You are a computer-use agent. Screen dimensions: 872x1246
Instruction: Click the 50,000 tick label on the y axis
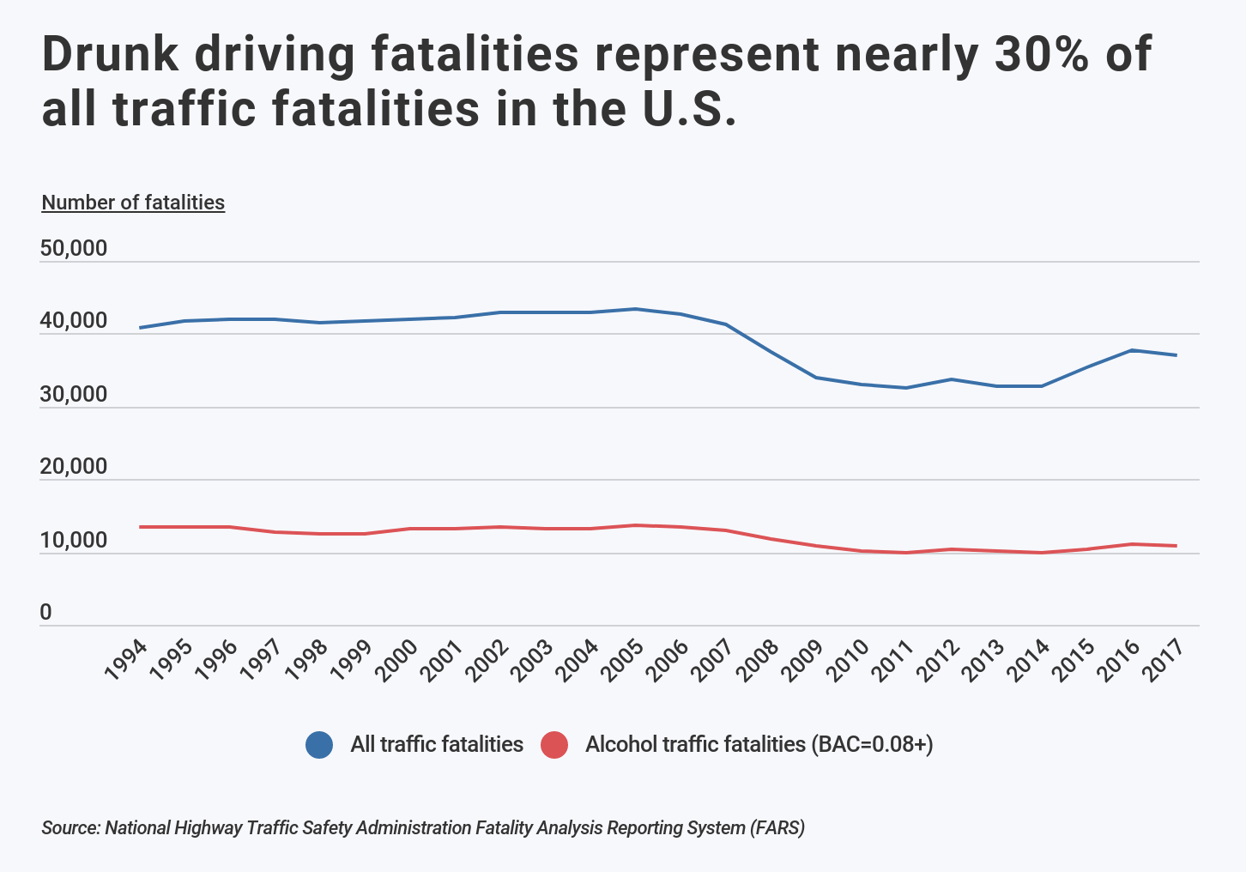(x=74, y=249)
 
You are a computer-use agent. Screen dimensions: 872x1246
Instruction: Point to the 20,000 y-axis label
(x=74, y=467)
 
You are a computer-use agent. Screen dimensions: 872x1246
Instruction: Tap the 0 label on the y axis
(x=45, y=613)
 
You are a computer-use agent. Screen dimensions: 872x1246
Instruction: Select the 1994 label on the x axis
(x=126, y=661)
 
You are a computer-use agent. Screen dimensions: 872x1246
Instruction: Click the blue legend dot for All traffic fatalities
(x=319, y=745)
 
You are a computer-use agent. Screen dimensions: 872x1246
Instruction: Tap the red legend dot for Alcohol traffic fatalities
(x=554, y=745)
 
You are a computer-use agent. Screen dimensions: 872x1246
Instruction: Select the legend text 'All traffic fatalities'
(x=436, y=744)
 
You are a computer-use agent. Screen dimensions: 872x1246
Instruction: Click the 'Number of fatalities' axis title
(x=133, y=203)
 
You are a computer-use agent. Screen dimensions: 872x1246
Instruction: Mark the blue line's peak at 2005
(x=634, y=309)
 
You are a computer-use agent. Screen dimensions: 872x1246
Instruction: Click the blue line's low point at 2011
(x=905, y=388)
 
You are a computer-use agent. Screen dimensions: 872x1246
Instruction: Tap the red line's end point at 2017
(x=1176, y=546)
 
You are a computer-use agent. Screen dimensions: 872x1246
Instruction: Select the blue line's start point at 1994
(x=139, y=328)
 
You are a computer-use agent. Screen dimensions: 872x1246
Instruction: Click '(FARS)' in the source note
(x=777, y=828)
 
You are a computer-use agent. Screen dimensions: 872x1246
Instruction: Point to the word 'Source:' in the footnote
(x=71, y=828)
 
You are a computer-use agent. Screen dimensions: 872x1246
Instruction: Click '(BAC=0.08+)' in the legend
(x=872, y=744)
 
